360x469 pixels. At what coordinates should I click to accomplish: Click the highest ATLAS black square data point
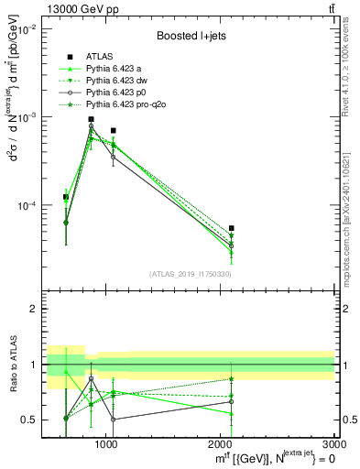click(x=91, y=120)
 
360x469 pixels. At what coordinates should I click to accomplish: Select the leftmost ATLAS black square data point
click(x=66, y=197)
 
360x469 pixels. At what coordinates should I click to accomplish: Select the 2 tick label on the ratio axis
click(x=35, y=309)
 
